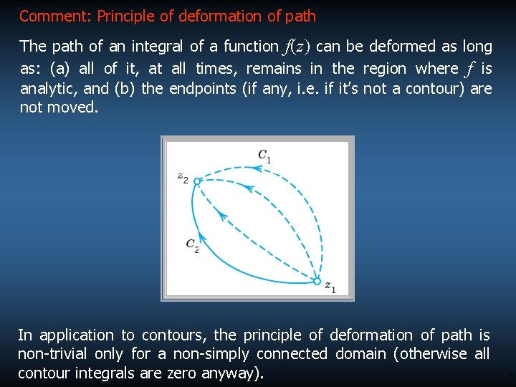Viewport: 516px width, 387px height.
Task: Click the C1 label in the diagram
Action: tap(264, 156)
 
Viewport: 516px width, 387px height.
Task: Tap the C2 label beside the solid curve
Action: tap(192, 245)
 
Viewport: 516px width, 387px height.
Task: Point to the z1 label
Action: tap(330, 288)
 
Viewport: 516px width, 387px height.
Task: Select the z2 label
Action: tap(183, 178)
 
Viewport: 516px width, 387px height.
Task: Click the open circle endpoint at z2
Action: tap(197, 181)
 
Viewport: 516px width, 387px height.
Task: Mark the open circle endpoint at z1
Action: tap(317, 282)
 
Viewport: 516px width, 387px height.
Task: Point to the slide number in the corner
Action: tap(510, 375)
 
